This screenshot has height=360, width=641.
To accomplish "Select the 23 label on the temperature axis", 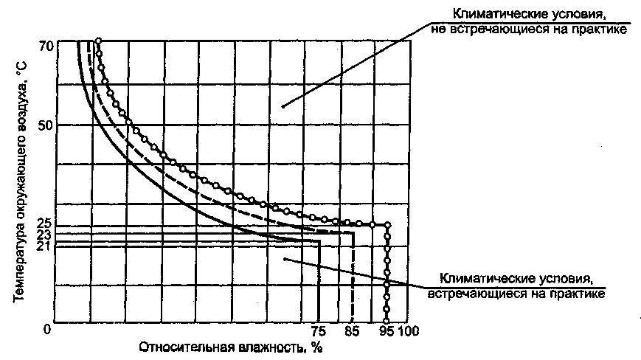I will tap(43, 234).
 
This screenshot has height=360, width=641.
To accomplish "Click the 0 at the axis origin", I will tap(47, 330).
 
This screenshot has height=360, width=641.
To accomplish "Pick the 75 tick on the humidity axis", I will tap(319, 331).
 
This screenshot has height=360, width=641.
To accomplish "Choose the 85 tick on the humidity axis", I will tap(354, 331).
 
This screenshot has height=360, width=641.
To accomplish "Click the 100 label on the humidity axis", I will tap(408, 331).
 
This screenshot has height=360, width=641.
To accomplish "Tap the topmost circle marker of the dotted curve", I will tap(98, 41).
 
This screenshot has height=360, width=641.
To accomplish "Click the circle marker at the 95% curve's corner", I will tap(388, 225).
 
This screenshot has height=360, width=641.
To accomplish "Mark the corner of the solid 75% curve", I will tap(319, 240).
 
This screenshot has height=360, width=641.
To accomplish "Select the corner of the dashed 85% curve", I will tap(353, 233).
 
